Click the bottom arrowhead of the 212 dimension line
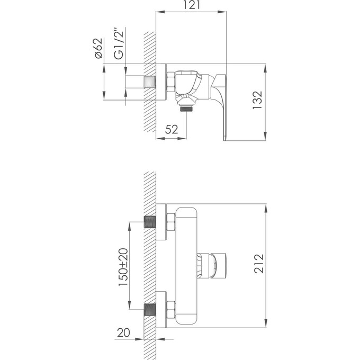point(264,324)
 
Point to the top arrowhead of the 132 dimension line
point(264,68)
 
